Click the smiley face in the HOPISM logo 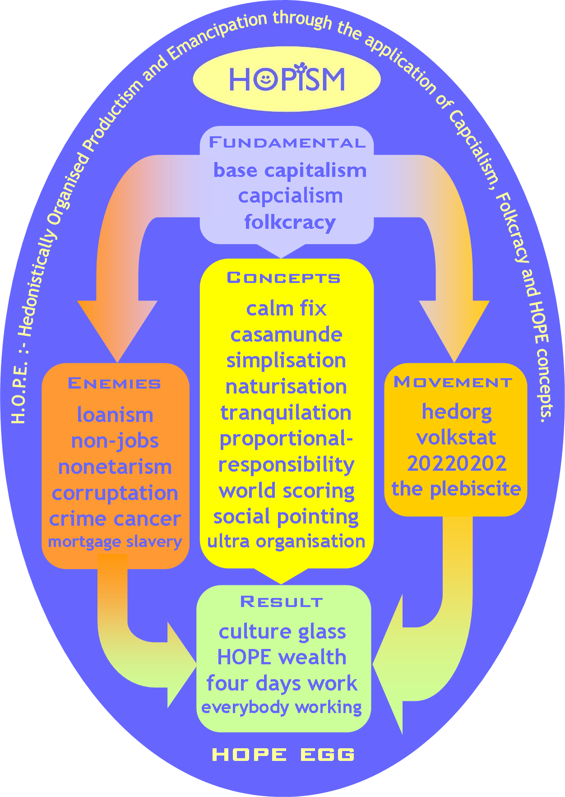click(x=265, y=79)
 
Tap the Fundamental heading click(x=287, y=143)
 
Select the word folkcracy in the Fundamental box click(x=290, y=222)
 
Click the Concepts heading click(x=283, y=278)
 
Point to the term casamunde click(x=286, y=335)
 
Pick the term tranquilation click(x=286, y=413)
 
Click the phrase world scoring click(x=286, y=491)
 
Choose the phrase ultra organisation click(x=286, y=542)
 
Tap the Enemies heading click(x=115, y=383)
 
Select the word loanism click(x=115, y=415)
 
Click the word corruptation click(x=115, y=493)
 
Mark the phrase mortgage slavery click(x=115, y=542)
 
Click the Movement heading click(x=453, y=382)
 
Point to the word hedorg click(x=457, y=412)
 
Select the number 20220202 click(x=457, y=463)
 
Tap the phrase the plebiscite click(x=456, y=489)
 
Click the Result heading click(x=282, y=602)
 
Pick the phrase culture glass click(x=282, y=632)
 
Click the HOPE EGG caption click(x=283, y=755)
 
